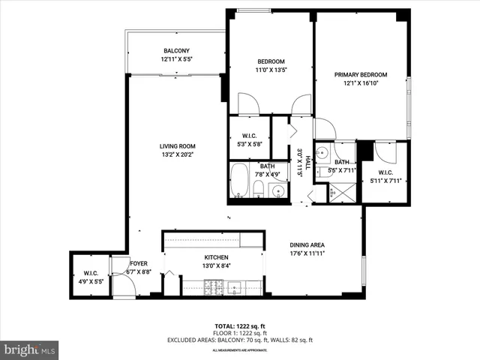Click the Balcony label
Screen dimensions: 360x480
pos(176,50)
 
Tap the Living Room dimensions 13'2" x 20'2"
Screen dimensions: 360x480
pos(177,155)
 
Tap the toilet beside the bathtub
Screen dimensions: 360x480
pos(258,188)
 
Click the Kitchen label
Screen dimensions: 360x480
pos(211,257)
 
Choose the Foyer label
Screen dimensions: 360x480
pos(139,263)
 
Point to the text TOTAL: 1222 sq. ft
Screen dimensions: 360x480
pos(239,325)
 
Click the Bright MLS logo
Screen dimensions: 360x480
pos(30,349)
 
